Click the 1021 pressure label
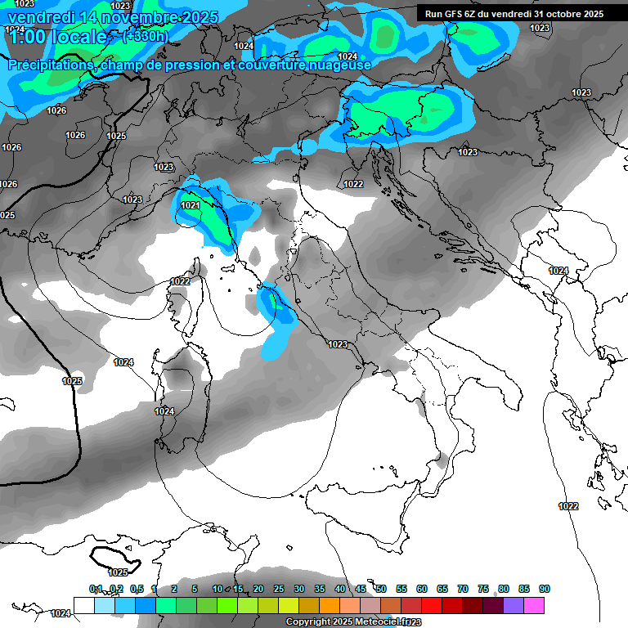pyautogui.click(x=191, y=205)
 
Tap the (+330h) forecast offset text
pyautogui.click(x=145, y=36)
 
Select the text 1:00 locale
pyautogui.click(x=56, y=37)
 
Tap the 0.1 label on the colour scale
pyautogui.click(x=96, y=589)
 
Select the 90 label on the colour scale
pyautogui.click(x=545, y=589)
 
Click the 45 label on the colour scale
pyautogui.click(x=361, y=589)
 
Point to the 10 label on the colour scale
pyautogui.click(x=218, y=589)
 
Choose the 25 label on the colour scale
pyautogui.click(x=279, y=589)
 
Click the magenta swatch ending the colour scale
pyautogui.click(x=534, y=605)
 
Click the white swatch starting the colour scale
pyautogui.click(x=83, y=605)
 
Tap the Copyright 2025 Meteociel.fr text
pyautogui.click(x=353, y=622)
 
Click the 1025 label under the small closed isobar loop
pyautogui.click(x=119, y=572)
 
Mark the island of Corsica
pyautogui.click(x=182, y=301)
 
